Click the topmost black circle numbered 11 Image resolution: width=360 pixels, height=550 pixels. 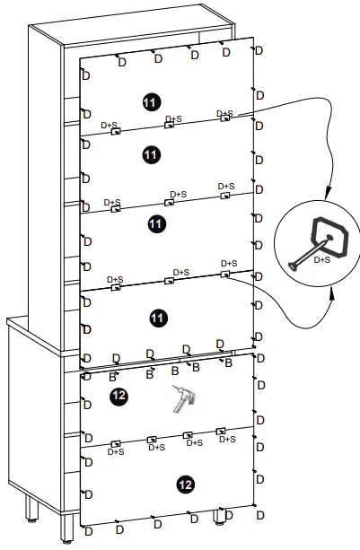click(149, 102)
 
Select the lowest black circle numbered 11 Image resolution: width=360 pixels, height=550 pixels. click(158, 318)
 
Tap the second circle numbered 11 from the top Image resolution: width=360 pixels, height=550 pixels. click(150, 155)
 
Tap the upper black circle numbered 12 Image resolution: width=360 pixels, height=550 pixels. click(119, 396)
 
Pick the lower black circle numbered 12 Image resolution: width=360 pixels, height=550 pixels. click(185, 485)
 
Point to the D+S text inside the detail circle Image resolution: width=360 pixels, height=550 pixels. click(320, 259)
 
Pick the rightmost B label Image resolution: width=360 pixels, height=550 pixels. click(228, 363)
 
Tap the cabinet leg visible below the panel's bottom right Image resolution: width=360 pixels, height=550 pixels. click(219, 518)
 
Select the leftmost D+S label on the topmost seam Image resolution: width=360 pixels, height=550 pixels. click(109, 126)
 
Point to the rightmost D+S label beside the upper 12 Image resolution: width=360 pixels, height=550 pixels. click(228, 439)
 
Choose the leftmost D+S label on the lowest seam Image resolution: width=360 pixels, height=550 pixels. click(115, 452)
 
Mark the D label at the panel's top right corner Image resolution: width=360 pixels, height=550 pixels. click(259, 51)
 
